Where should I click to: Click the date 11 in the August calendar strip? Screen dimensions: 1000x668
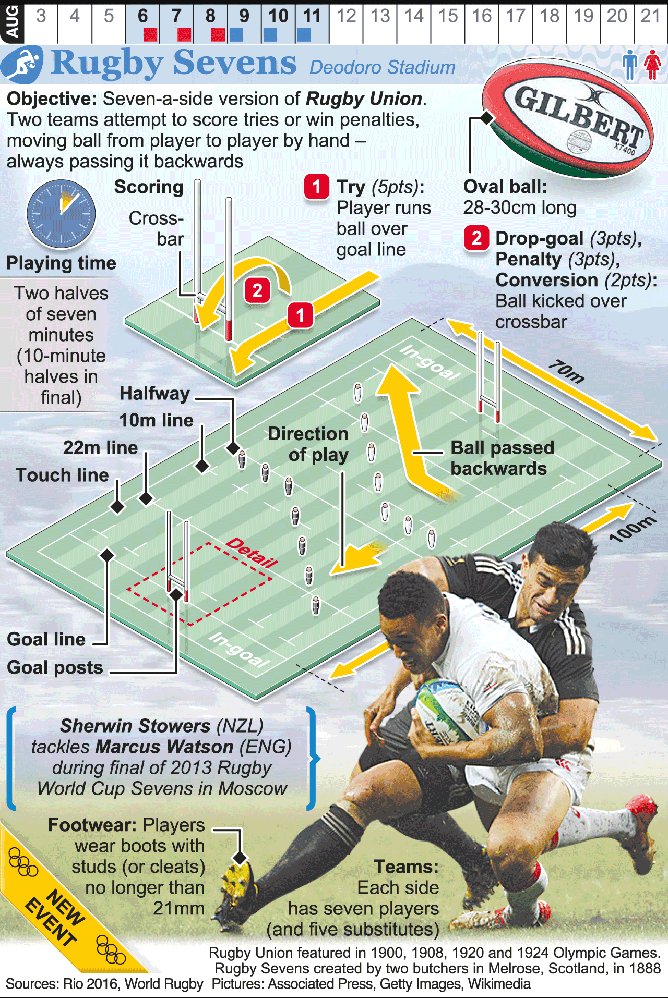point(312,16)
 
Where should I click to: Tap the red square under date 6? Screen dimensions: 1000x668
point(150,34)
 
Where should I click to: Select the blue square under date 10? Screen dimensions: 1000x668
point(270,34)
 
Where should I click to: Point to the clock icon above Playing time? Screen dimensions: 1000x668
point(61,214)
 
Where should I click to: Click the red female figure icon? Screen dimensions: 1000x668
point(652,65)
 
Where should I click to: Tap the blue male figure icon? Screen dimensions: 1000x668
point(630,65)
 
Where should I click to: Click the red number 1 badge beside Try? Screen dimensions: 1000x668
point(317,187)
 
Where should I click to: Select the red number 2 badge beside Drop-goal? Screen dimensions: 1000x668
point(476,238)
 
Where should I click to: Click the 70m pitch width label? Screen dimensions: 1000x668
point(566,372)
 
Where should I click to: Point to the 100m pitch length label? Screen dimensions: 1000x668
point(632,528)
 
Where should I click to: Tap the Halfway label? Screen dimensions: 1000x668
point(154,394)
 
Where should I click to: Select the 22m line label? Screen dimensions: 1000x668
point(100,447)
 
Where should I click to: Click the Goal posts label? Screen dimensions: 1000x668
point(55,667)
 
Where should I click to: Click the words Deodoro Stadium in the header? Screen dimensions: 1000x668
point(382,67)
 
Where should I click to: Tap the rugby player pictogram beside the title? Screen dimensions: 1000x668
point(22,65)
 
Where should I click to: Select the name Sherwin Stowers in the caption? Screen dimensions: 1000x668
point(135,726)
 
